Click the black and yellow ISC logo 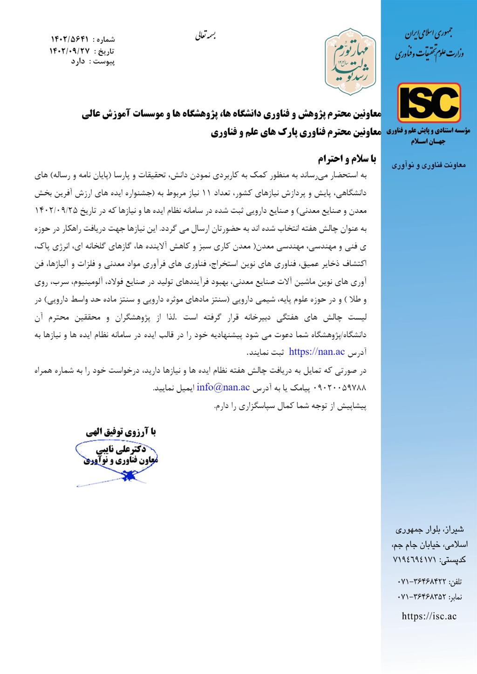point(429,103)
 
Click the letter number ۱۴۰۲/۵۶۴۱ point(69,39)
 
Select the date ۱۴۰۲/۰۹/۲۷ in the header point(69,50)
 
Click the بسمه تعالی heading point(205,35)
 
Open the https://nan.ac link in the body point(317,351)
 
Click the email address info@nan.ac point(224,387)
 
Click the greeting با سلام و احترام point(347,159)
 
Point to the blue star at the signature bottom point(127,476)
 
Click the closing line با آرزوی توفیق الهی point(121,432)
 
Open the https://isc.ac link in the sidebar point(429,616)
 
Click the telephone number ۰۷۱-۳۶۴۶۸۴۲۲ point(422,582)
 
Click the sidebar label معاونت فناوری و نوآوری point(428,165)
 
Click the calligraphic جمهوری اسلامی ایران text point(429,34)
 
